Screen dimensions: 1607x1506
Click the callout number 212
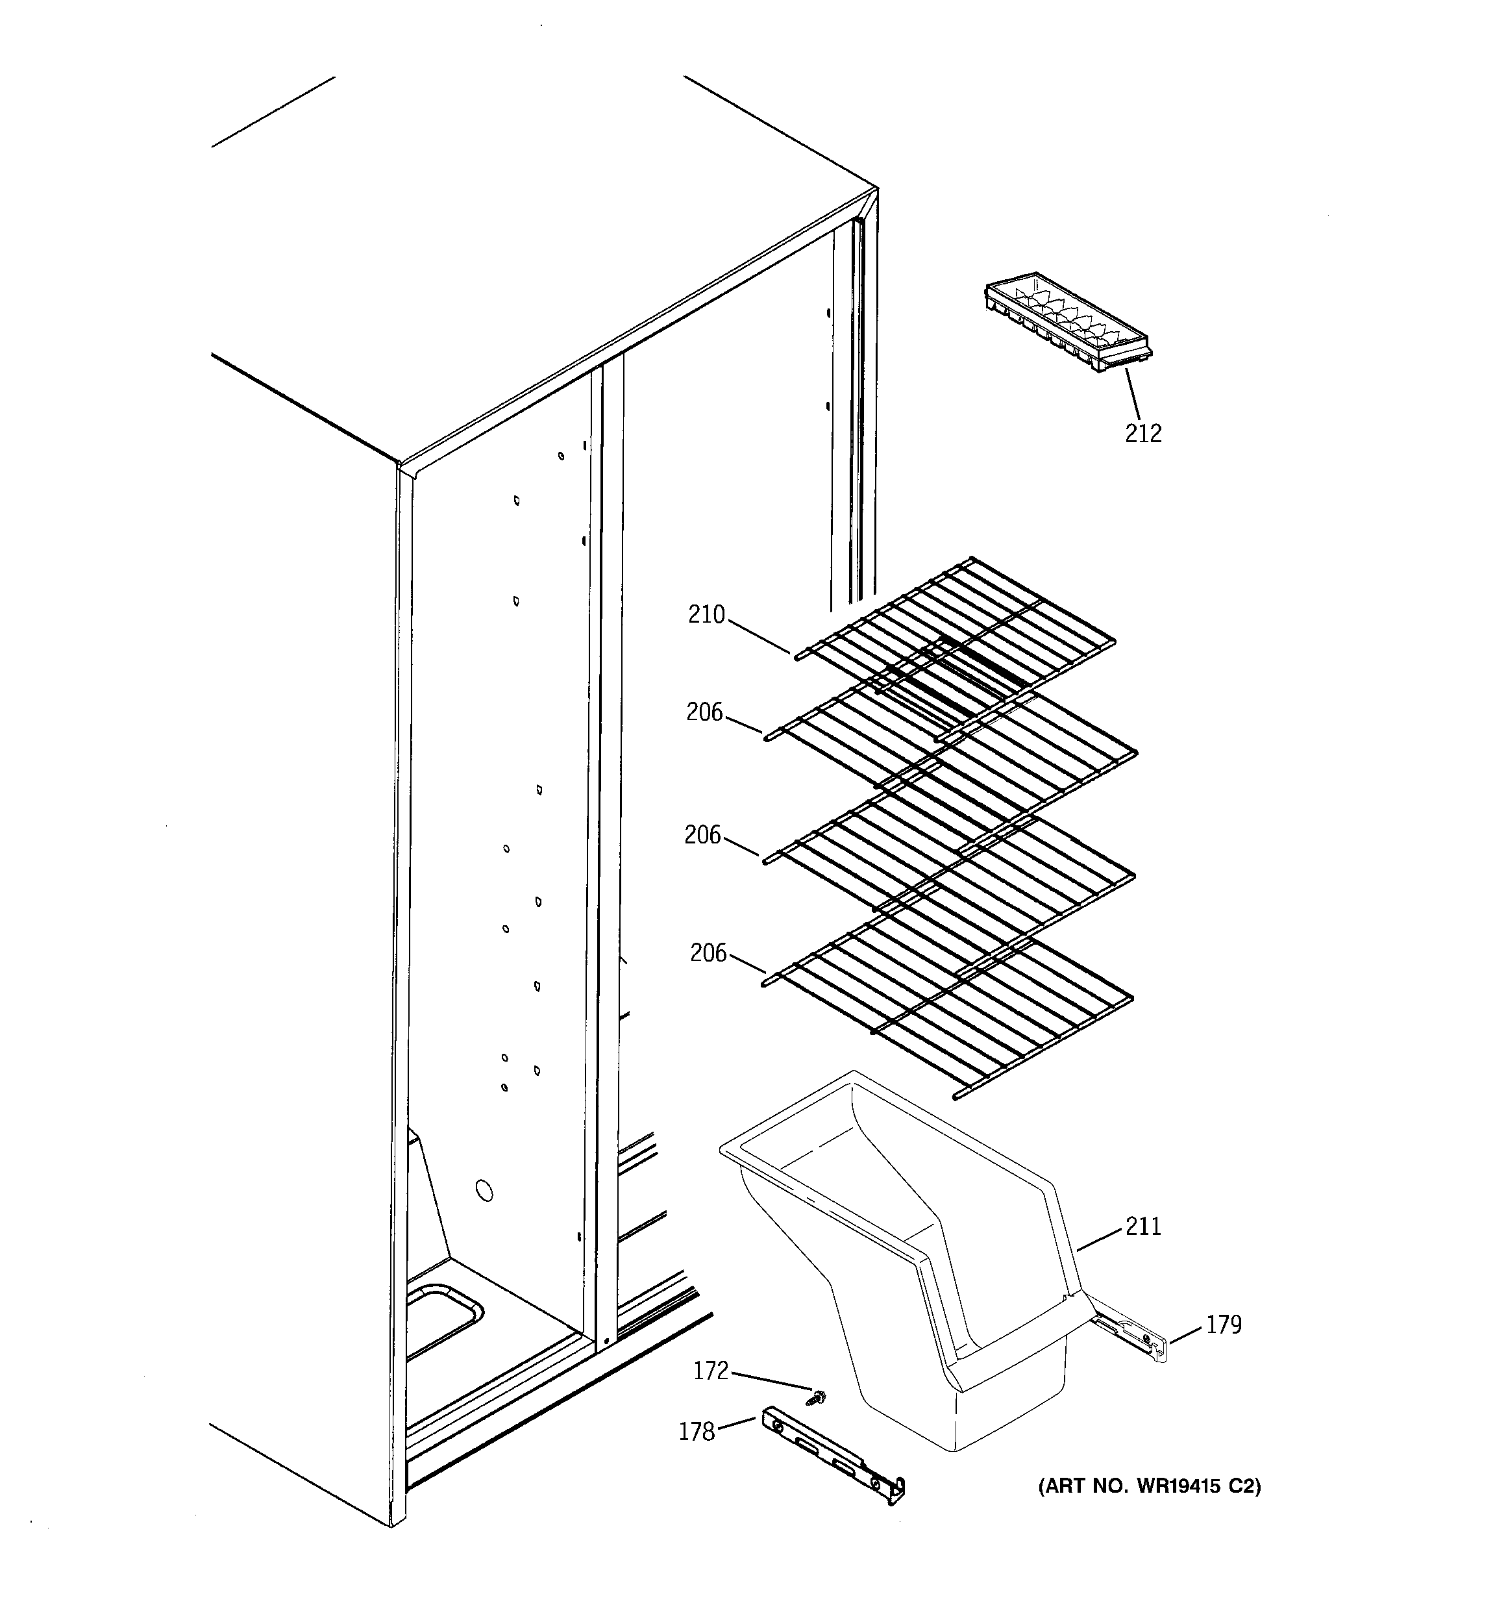[x=1143, y=434]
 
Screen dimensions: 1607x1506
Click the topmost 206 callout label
[x=704, y=712]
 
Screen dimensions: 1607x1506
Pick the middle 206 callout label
[x=702, y=835]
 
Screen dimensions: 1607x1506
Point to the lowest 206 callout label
[x=708, y=953]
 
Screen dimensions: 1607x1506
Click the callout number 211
[x=1143, y=1227]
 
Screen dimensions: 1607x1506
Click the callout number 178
[x=697, y=1432]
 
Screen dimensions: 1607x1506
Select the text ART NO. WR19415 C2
[x=1149, y=1486]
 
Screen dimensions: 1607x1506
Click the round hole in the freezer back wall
[x=484, y=1190]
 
